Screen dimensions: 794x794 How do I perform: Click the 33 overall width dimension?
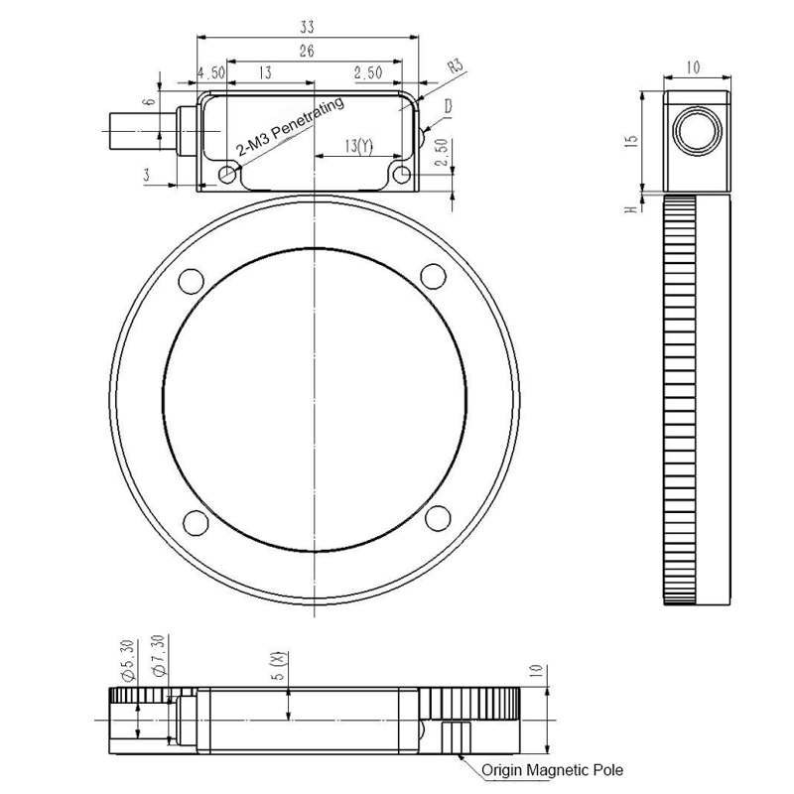click(x=308, y=27)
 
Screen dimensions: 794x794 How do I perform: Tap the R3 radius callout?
click(x=455, y=67)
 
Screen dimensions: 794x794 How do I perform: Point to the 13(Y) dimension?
click(x=358, y=146)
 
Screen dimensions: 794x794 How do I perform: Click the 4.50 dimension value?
click(x=212, y=72)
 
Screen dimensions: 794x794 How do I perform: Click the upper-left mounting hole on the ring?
click(x=188, y=279)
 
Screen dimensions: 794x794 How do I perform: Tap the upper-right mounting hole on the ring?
click(x=432, y=274)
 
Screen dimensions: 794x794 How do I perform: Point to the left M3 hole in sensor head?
click(x=229, y=175)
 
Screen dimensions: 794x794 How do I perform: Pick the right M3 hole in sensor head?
click(x=401, y=175)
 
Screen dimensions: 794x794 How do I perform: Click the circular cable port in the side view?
click(x=694, y=129)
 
